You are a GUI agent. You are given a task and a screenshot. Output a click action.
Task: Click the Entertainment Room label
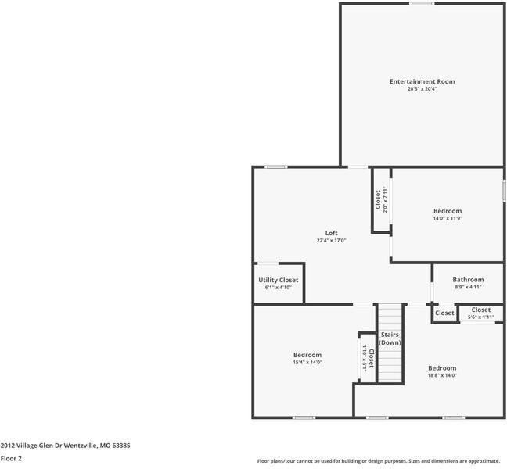[422, 81]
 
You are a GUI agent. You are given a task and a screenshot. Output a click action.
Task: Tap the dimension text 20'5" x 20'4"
[422, 89]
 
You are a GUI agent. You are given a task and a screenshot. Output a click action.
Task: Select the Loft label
[332, 233]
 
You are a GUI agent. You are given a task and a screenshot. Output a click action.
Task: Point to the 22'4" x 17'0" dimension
[332, 241]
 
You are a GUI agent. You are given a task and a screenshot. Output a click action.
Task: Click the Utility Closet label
[278, 280]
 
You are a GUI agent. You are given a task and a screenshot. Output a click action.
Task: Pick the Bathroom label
[468, 279]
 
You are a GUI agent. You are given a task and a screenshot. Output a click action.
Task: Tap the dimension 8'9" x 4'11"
[468, 287]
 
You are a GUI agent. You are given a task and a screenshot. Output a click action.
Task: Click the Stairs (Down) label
[390, 338]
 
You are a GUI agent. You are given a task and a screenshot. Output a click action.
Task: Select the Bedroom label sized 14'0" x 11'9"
[448, 211]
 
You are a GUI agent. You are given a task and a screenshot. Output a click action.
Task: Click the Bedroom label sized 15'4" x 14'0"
[307, 355]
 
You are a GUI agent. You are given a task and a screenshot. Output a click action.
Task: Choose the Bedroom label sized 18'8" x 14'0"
[442, 367]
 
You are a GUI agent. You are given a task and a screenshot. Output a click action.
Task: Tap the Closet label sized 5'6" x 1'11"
[481, 310]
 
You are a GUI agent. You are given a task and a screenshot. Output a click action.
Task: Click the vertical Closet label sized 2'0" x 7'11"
[378, 199]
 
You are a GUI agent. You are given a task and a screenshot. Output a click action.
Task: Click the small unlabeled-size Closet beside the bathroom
[444, 313]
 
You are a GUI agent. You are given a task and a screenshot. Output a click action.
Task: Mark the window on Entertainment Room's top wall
[422, 3]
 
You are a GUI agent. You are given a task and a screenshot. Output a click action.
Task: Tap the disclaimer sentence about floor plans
[378, 461]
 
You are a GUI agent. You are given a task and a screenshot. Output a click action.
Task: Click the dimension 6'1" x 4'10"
[278, 288]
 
